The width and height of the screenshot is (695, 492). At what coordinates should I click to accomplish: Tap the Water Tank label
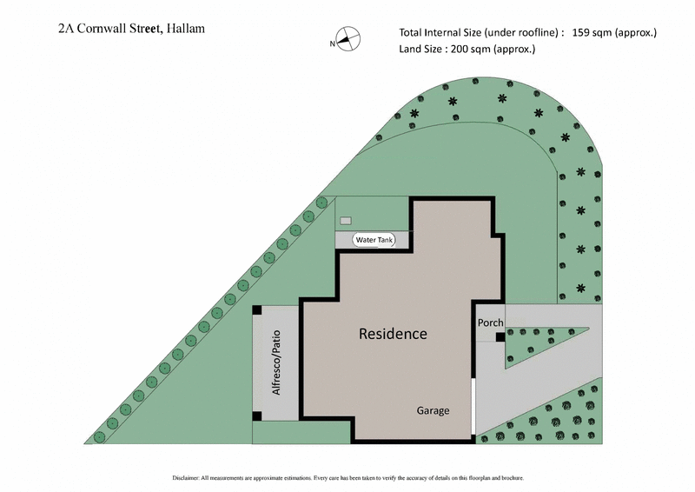click(x=374, y=240)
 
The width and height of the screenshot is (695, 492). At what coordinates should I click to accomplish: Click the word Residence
click(x=393, y=334)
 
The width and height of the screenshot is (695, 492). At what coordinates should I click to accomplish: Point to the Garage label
click(x=433, y=410)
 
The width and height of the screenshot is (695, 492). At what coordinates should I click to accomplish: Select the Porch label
click(x=490, y=322)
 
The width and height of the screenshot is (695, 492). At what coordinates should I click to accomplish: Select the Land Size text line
click(x=467, y=50)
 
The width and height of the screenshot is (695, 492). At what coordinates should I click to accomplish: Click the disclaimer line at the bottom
click(x=347, y=478)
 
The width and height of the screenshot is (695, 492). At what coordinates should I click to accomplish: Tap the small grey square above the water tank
click(x=346, y=221)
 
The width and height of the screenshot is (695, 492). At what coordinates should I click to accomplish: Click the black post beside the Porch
click(x=500, y=338)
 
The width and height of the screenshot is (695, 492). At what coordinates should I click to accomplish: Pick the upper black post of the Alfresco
click(x=257, y=309)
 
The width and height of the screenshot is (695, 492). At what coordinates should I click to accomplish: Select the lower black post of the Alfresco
click(x=257, y=416)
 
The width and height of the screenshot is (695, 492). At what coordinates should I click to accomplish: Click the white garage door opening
click(x=474, y=405)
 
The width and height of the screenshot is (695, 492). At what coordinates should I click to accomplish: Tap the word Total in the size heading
click(x=413, y=33)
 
